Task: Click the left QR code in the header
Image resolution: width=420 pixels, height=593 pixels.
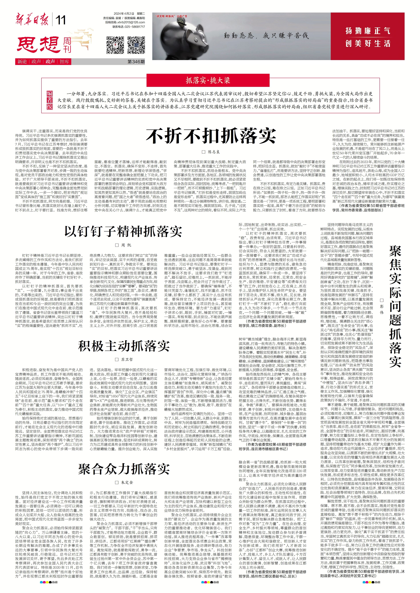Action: pos(115,45)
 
